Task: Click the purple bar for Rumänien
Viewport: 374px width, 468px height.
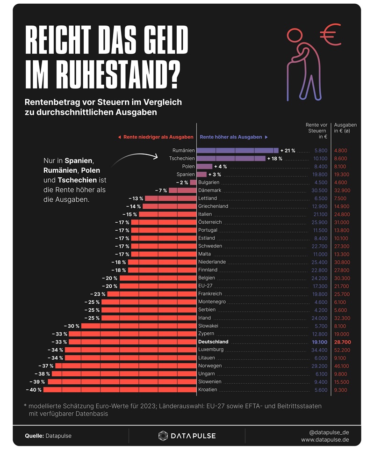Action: pyautogui.click(x=237, y=150)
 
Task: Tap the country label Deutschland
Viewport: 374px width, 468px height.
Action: pyautogui.click(x=213, y=342)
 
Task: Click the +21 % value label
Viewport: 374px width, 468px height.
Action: pyautogui.click(x=288, y=150)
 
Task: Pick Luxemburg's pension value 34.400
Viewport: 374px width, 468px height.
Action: pyautogui.click(x=319, y=350)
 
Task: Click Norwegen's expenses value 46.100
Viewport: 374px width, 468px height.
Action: pyautogui.click(x=342, y=366)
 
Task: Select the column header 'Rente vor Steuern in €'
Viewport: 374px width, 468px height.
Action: pyautogui.click(x=316, y=131)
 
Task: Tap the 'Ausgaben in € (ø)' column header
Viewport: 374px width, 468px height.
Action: pyautogui.click(x=345, y=128)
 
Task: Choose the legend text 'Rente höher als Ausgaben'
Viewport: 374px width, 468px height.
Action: pyautogui.click(x=231, y=137)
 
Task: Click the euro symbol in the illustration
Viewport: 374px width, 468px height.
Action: pyautogui.click(x=331, y=34)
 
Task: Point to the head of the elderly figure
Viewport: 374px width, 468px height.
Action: pyautogui.click(x=296, y=36)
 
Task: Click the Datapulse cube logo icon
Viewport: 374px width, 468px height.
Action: pyautogui.click(x=163, y=436)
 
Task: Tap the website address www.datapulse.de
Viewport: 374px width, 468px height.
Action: pyautogui.click(x=325, y=440)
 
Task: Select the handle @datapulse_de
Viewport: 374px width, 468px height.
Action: pyautogui.click(x=329, y=432)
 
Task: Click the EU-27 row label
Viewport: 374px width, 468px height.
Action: pyautogui.click(x=206, y=285)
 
